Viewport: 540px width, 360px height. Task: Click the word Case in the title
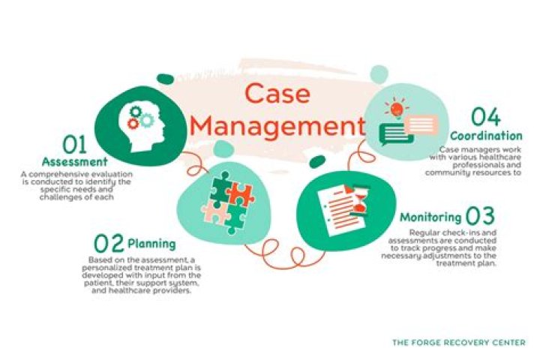(x=277, y=93)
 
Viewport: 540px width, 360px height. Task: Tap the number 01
(x=75, y=145)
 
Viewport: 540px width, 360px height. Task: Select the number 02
(x=109, y=243)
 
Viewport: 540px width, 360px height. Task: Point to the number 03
(x=480, y=216)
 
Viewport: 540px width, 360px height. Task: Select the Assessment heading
(x=75, y=161)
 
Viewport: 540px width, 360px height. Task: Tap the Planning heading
(x=151, y=244)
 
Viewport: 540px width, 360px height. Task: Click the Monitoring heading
(x=430, y=217)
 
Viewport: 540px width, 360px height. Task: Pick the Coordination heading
(x=486, y=136)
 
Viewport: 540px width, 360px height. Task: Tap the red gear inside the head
(x=133, y=123)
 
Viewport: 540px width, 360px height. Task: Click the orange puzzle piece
(x=240, y=195)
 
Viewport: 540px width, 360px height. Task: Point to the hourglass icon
(x=361, y=201)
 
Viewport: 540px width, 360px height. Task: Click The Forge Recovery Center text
(x=459, y=343)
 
